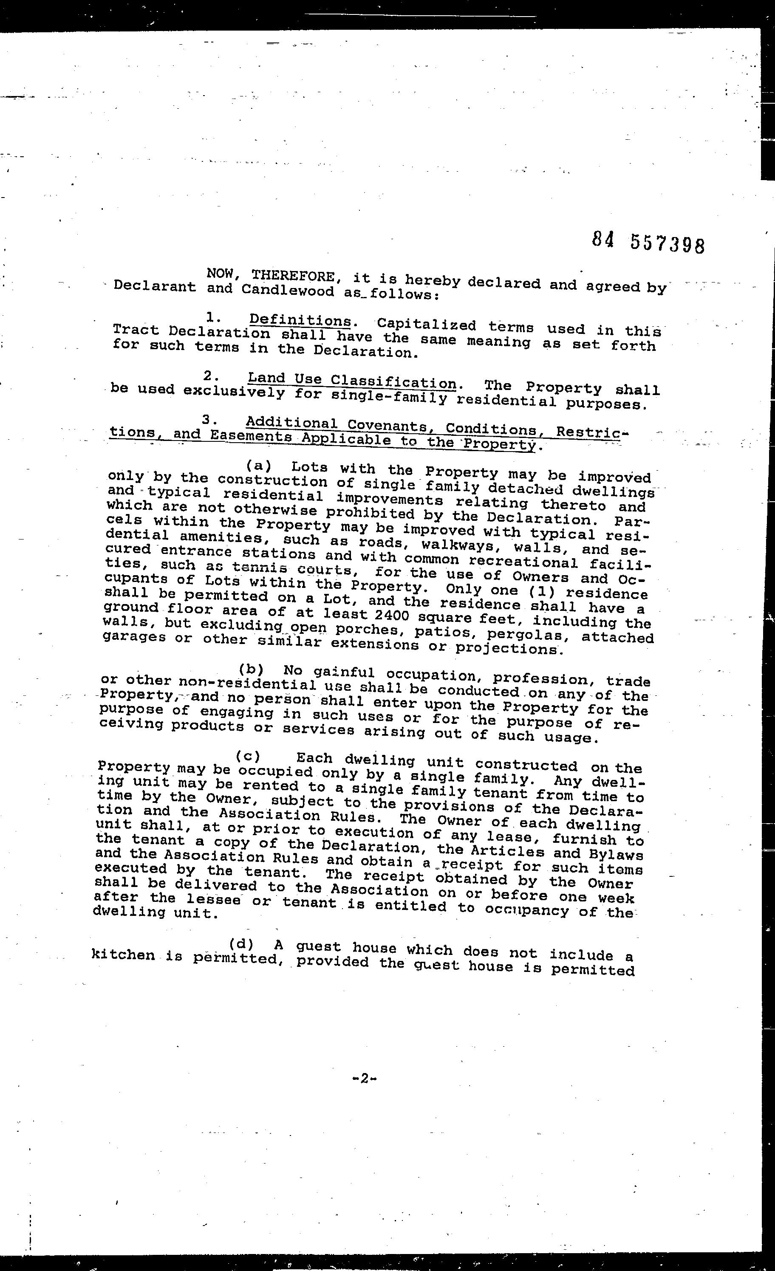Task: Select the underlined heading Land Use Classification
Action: (x=352, y=381)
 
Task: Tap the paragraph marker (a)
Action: (x=258, y=466)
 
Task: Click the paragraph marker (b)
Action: (x=251, y=669)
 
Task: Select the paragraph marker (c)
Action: (x=248, y=756)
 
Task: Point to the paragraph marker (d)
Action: (x=241, y=944)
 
